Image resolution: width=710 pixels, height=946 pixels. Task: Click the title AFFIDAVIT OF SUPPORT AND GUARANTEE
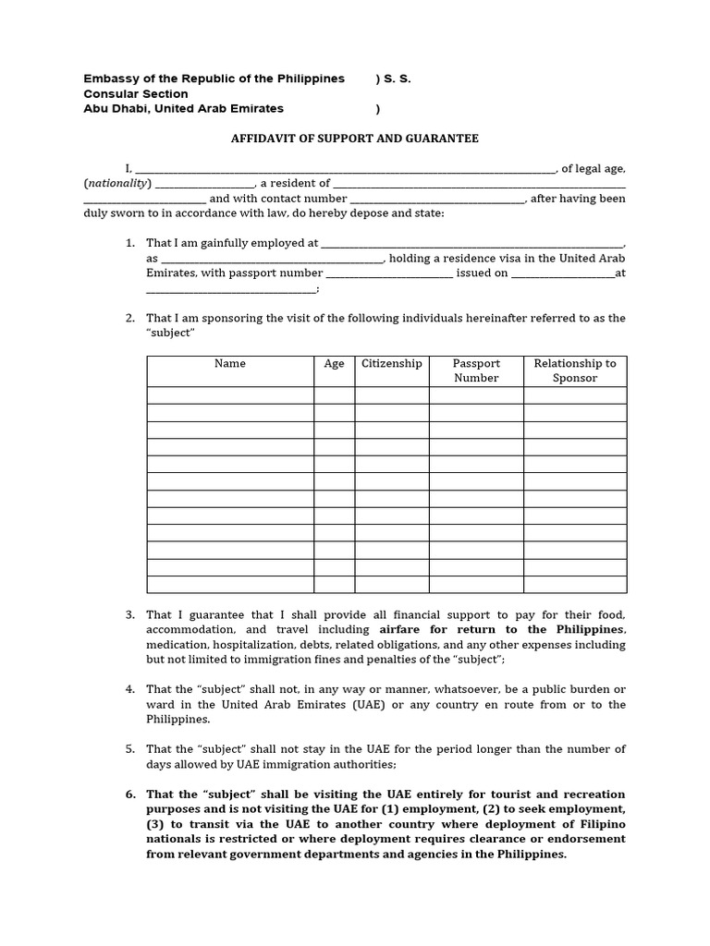[354, 139]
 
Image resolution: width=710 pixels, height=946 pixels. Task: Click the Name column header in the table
[230, 364]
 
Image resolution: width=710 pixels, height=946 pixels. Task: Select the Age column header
[334, 364]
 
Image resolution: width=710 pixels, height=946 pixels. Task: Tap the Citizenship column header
[391, 364]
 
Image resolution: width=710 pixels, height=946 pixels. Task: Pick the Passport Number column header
[476, 370]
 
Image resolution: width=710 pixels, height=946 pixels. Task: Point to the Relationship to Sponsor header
[574, 370]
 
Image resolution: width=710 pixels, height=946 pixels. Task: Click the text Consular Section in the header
[136, 94]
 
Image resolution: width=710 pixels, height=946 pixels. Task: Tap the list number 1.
[130, 244]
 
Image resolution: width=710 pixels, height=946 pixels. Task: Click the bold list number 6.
[130, 794]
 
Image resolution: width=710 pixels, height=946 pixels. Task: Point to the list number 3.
[130, 615]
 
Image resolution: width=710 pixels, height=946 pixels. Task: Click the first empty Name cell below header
[230, 395]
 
